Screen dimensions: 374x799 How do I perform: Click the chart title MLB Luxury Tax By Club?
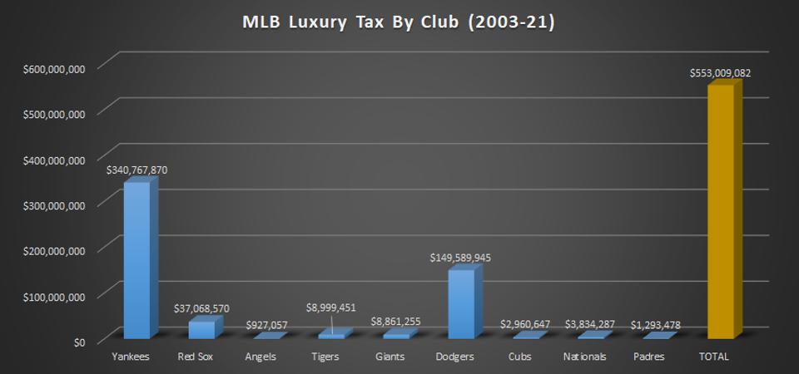tap(399, 22)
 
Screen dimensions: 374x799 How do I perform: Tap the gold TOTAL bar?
tap(720, 212)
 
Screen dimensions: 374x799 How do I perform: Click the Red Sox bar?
tap(201, 329)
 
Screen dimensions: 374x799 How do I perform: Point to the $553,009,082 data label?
tap(720, 73)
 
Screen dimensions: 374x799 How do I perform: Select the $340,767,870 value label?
tap(136, 170)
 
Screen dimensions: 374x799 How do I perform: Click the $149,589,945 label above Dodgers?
tap(460, 258)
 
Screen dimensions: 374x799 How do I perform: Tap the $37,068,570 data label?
tap(201, 308)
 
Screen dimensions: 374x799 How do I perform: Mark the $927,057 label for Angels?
tap(266, 323)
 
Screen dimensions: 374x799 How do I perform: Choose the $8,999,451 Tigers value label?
tap(330, 308)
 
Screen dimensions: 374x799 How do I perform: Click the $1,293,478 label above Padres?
tap(656, 323)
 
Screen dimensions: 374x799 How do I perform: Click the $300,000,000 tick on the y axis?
tap(54, 205)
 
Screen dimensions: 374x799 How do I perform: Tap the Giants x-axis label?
tap(395, 357)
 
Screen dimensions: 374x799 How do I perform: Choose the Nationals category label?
tap(590, 357)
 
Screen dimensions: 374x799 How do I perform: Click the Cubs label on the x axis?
tap(525, 357)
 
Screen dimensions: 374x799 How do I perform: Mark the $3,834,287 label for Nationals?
tap(590, 323)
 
